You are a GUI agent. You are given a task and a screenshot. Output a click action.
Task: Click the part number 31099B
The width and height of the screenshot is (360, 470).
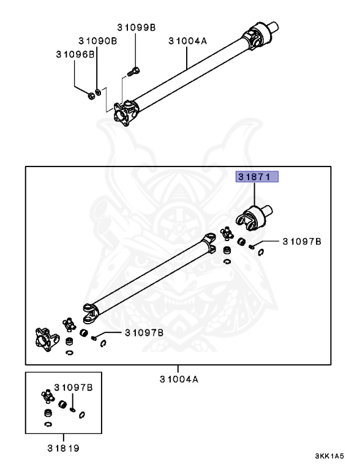pyautogui.click(x=136, y=28)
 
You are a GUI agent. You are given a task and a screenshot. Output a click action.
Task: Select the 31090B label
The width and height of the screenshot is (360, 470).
pyautogui.click(x=98, y=41)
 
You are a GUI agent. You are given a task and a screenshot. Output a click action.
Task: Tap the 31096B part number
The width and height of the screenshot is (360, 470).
pyautogui.click(x=75, y=54)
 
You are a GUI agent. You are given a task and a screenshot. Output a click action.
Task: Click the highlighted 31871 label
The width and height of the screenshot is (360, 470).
pyautogui.click(x=257, y=177)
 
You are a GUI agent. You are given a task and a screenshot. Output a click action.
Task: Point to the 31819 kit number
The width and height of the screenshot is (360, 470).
pyautogui.click(x=63, y=448)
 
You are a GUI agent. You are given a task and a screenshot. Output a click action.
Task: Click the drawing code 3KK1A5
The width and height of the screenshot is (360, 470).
pyautogui.click(x=329, y=457)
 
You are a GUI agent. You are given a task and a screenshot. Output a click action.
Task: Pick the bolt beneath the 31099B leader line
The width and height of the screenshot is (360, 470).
pyautogui.click(x=134, y=72)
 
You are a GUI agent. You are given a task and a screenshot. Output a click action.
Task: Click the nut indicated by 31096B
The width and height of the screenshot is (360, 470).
pyautogui.click(x=90, y=95)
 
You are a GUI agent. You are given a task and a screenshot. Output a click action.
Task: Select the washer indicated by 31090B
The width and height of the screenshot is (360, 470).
pyautogui.click(x=98, y=92)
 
